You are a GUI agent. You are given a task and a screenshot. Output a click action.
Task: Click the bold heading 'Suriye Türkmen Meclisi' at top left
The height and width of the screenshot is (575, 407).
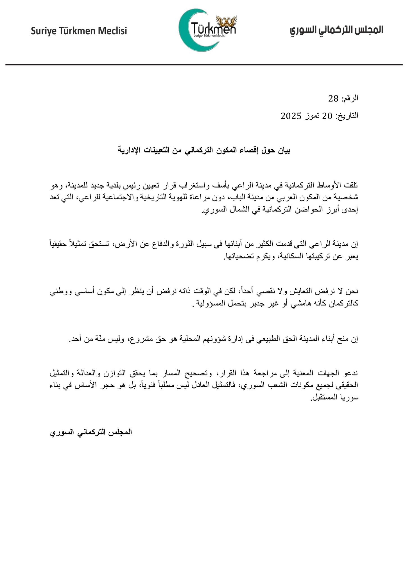[x=79, y=31]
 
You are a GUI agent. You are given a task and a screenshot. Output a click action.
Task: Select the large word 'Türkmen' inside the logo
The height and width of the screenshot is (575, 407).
[x=213, y=28]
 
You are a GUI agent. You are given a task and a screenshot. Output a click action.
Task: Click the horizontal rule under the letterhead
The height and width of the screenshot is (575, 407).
[x=203, y=65]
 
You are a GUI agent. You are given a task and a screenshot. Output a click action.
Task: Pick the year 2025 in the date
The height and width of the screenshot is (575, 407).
[x=291, y=116]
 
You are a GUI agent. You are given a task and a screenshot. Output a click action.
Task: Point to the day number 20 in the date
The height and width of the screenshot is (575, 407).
[x=327, y=116]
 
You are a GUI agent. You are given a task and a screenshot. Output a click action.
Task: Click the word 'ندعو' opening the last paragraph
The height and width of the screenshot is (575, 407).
[x=352, y=373]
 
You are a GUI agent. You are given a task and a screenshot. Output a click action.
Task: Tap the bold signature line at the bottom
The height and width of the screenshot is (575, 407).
[x=91, y=432]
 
